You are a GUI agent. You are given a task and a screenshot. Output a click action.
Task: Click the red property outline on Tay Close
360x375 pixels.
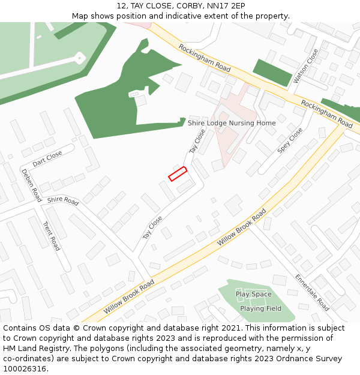click(x=178, y=174)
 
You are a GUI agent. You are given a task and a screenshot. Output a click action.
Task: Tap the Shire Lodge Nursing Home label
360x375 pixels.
click(x=232, y=123)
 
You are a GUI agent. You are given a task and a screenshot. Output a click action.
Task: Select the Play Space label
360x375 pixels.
click(x=253, y=295)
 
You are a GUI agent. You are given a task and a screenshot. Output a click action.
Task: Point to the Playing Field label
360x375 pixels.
click(x=260, y=308)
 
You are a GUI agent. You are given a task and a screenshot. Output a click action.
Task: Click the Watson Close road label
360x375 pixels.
click(x=306, y=67)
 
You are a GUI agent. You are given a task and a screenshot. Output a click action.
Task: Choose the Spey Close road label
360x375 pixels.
click(x=290, y=140)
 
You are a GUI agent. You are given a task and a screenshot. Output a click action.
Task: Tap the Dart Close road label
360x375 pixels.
click(x=47, y=158)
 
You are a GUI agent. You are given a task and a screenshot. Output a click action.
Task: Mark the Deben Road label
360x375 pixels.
click(x=31, y=185)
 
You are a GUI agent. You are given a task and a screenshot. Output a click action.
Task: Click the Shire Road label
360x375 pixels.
click(x=62, y=200)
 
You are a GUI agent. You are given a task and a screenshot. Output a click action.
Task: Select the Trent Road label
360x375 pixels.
click(x=52, y=236)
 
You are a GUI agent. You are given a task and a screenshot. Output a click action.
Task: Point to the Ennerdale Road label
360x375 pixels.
click(x=311, y=293)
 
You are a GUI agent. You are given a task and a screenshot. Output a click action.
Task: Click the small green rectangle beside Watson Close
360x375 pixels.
click(x=272, y=72)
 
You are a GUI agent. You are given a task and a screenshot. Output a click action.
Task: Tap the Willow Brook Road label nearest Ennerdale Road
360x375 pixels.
click(x=242, y=227)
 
